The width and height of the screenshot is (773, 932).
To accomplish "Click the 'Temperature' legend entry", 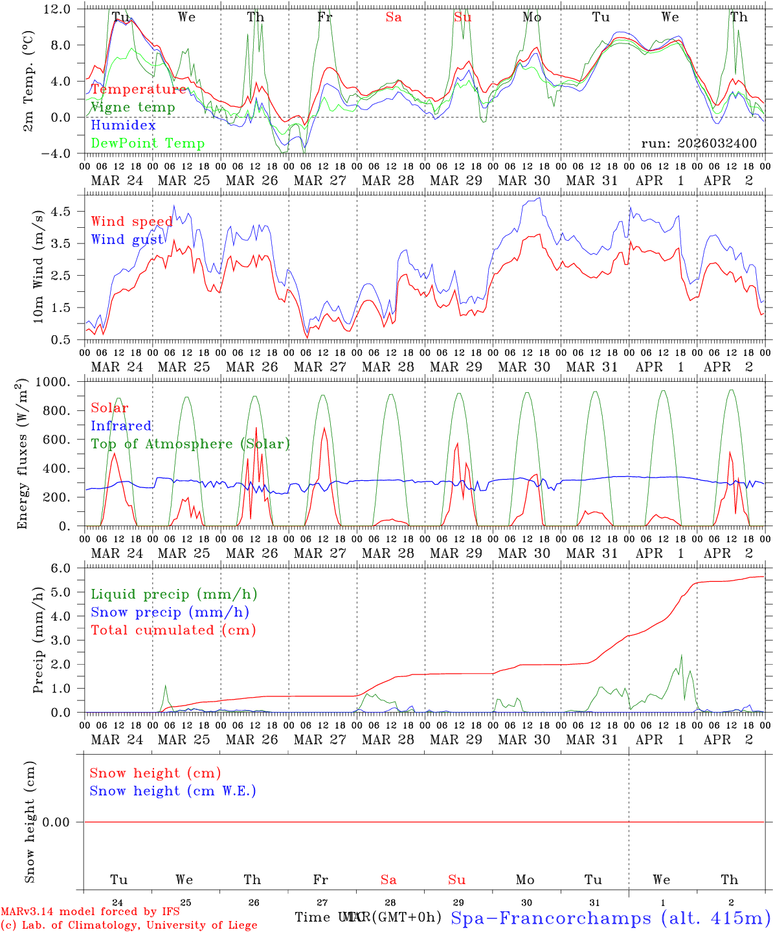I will pos(139,89).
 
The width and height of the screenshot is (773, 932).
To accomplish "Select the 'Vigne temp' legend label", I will pos(133,107).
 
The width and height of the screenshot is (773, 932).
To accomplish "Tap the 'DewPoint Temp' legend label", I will pos(148,144).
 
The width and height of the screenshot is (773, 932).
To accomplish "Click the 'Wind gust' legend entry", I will pos(127,240).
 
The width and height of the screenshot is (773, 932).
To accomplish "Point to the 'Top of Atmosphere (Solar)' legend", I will pos(190,444).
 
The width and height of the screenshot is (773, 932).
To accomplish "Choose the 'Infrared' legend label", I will pos(121,426).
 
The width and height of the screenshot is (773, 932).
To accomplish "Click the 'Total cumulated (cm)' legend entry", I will pos(173,630).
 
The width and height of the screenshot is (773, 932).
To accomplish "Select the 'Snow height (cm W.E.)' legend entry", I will pos(173,791).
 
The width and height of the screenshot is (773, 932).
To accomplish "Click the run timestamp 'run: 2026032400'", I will pos(699,144).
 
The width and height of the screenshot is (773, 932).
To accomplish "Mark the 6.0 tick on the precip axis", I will pos(63,568).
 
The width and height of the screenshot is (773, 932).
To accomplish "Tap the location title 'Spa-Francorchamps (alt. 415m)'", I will pos(610,918).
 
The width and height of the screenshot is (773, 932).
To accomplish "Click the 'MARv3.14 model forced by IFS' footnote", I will pos(90,912).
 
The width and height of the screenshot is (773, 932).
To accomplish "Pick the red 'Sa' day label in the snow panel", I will pos(388,880).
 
